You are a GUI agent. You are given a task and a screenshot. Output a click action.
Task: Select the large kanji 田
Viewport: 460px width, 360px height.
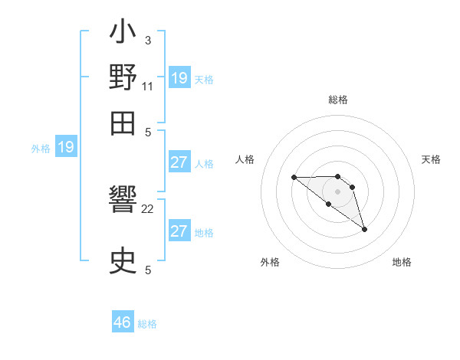[123, 121]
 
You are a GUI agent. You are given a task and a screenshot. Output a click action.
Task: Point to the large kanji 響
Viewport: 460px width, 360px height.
[123, 203]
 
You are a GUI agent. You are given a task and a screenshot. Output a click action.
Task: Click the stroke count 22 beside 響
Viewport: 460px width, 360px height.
[148, 208]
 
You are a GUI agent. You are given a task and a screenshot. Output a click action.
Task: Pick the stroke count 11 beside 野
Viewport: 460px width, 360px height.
[148, 86]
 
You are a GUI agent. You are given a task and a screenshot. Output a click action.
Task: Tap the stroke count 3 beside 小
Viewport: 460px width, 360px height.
[147, 40]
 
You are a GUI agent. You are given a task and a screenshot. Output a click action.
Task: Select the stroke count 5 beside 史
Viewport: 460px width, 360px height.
[148, 270]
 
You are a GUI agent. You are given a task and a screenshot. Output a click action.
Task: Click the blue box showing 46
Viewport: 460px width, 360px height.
[123, 322]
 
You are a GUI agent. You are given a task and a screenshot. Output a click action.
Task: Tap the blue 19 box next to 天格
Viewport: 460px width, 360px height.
[179, 77]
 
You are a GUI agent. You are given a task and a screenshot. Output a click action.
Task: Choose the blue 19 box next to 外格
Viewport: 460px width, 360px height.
[66, 147]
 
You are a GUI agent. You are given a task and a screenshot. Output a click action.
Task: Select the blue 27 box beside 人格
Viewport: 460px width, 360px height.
[179, 162]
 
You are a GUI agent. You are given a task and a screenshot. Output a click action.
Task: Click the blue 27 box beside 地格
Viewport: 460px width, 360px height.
[179, 231]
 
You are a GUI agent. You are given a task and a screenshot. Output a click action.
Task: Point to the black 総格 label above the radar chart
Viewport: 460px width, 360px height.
[337, 100]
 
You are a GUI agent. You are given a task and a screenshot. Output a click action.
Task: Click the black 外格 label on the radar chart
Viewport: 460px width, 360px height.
[270, 262]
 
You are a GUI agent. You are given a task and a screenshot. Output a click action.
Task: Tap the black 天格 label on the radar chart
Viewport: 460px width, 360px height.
[431, 159]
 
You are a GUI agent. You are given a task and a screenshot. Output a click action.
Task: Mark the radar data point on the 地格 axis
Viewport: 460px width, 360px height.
[364, 229]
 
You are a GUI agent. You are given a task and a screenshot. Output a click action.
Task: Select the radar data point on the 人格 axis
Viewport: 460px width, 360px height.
[294, 178]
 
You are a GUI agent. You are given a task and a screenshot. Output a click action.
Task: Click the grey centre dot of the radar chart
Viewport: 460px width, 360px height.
[337, 191]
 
